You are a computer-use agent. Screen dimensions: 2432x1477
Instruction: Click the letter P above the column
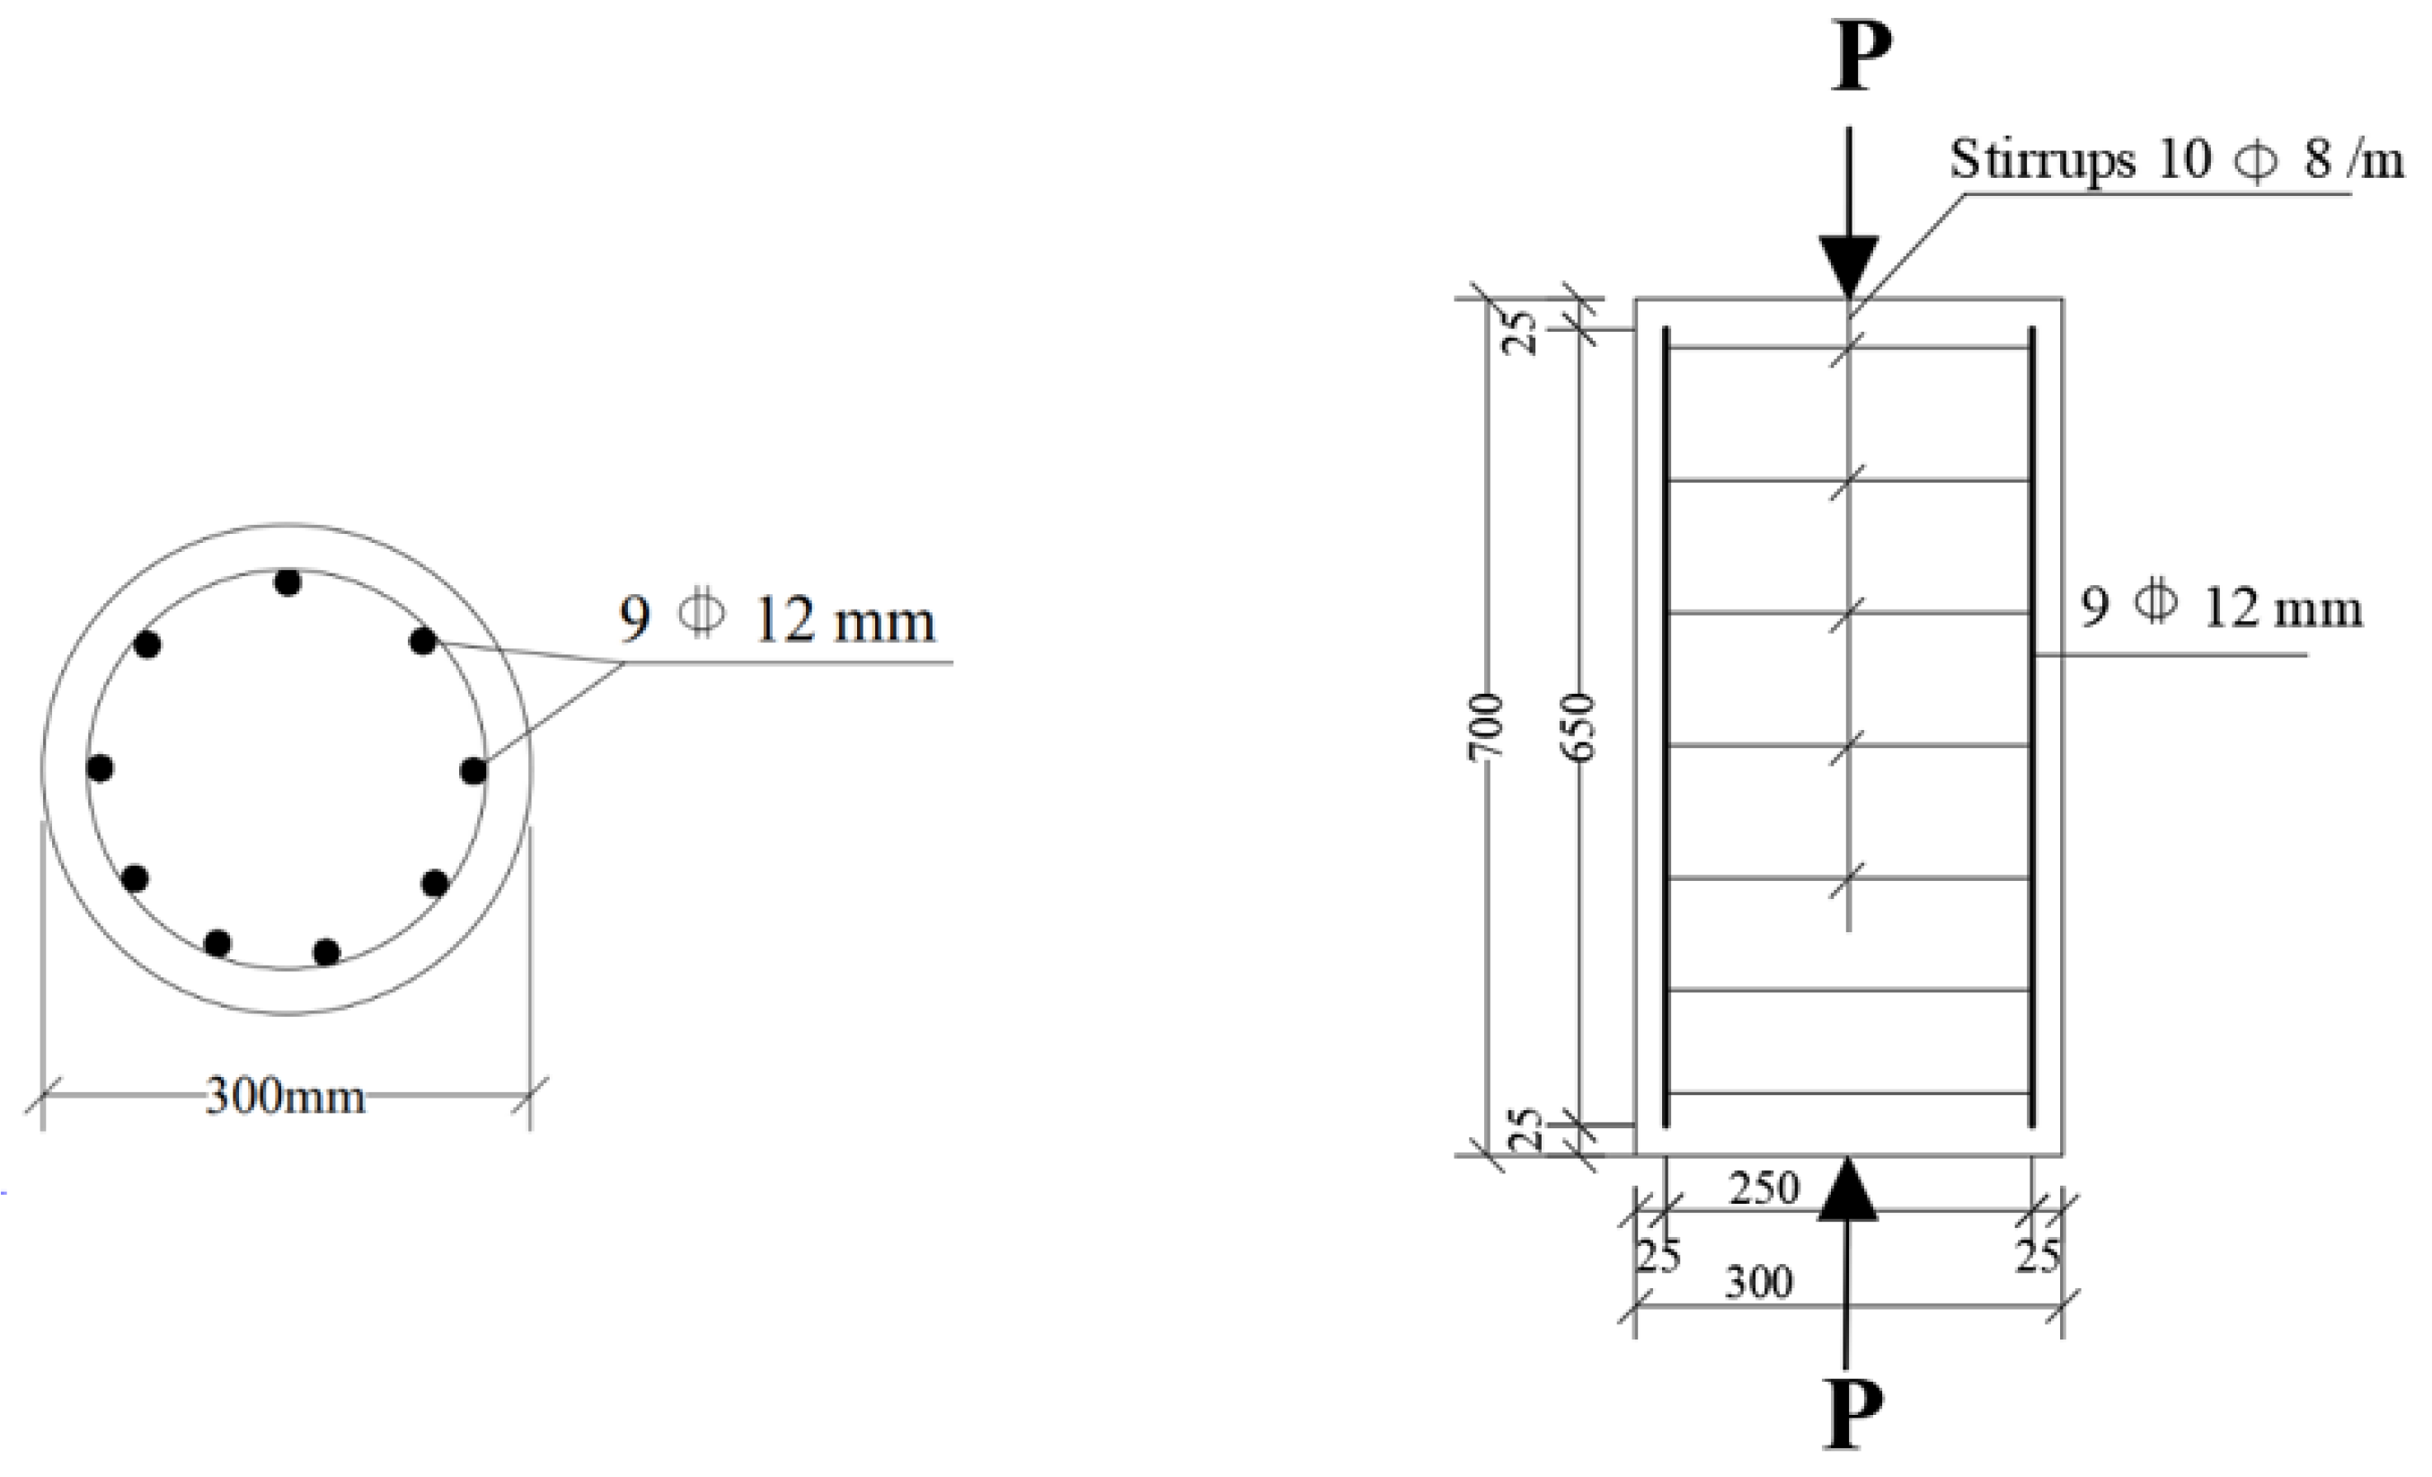(x=1862, y=57)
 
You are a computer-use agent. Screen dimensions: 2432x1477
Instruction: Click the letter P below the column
(x=1853, y=1413)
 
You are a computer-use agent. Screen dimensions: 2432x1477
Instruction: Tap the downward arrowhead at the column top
(x=1850, y=267)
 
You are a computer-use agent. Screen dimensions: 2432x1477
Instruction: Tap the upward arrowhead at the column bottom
(x=1848, y=1188)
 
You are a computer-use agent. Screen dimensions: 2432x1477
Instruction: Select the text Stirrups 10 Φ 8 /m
(x=2176, y=159)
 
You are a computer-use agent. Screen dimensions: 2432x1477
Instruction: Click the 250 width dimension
(x=1764, y=1188)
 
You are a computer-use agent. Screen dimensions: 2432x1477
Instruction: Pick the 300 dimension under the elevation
(x=1759, y=1283)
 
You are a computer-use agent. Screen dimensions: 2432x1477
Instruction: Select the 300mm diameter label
(x=286, y=1096)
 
